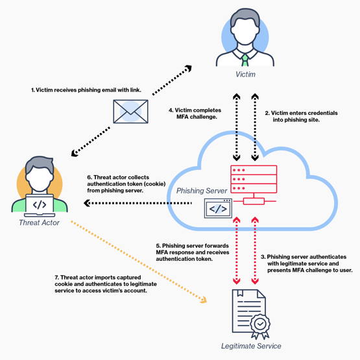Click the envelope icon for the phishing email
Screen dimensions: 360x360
[x=130, y=112]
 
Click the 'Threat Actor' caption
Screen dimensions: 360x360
[x=39, y=222]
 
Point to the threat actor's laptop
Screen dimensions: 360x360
[x=39, y=204]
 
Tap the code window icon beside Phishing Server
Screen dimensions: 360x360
[x=217, y=209]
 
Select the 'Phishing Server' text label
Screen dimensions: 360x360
[x=200, y=191]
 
